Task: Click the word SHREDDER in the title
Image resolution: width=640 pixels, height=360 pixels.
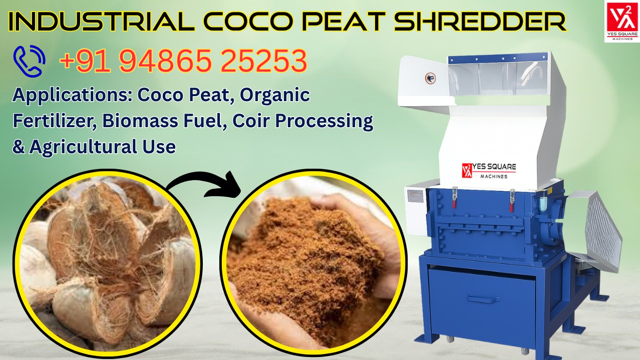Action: pyautogui.click(x=480, y=22)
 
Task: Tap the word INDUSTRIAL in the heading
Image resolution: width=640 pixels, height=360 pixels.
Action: pyautogui.click(x=102, y=22)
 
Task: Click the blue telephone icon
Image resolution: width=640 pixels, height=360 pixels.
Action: pyautogui.click(x=29, y=61)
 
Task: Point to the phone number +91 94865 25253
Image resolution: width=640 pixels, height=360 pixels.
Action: pyautogui.click(x=183, y=61)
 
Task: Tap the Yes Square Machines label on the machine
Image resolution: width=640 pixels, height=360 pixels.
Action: pyautogui.click(x=489, y=171)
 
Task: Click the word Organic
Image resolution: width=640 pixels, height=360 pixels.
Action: pyautogui.click(x=275, y=96)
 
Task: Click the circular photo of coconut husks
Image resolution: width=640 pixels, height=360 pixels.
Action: pyautogui.click(x=108, y=263)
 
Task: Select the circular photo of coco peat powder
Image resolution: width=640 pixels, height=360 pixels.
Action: pyautogui.click(x=313, y=263)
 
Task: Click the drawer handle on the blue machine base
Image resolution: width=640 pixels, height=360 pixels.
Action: pyautogui.click(x=483, y=299)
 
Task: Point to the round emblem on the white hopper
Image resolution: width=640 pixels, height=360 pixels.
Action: pyautogui.click(x=430, y=78)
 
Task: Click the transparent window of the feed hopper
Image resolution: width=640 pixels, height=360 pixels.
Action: pyautogui.click(x=497, y=79)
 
